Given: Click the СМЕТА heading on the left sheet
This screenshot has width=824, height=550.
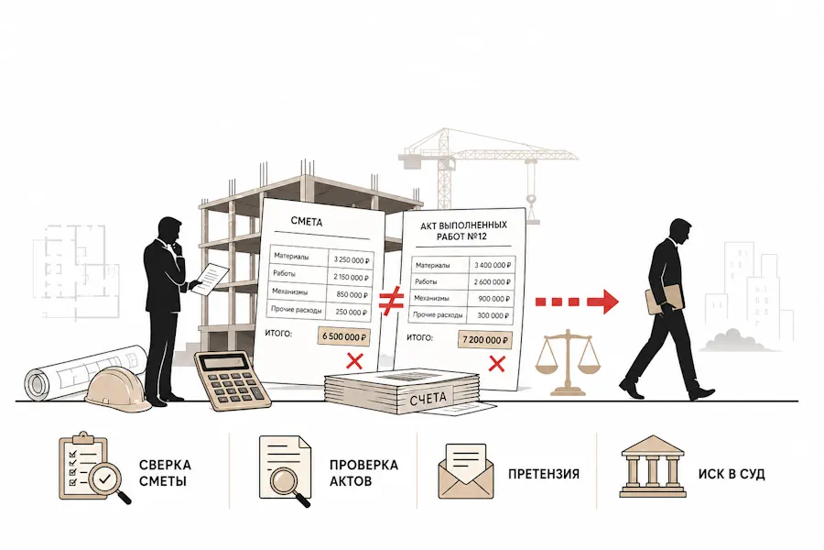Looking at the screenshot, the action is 307,222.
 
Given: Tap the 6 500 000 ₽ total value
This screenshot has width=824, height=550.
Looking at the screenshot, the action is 343,336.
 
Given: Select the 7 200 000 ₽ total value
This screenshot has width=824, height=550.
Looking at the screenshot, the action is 484,339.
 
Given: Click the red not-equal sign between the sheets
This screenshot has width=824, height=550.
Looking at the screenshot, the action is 392,300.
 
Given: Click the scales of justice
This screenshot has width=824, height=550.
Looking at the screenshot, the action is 567,362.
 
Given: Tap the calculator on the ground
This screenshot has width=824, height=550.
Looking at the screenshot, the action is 233,380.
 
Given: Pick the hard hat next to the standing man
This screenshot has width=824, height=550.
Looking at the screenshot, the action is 115,389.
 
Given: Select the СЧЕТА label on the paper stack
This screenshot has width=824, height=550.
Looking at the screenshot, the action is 428,399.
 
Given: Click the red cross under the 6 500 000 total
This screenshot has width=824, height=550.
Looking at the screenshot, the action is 355,361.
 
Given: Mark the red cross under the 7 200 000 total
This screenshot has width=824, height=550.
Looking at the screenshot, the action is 496,364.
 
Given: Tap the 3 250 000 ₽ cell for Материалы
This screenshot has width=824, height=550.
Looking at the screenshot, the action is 351,260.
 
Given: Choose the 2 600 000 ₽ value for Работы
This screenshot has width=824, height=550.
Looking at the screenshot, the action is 492,282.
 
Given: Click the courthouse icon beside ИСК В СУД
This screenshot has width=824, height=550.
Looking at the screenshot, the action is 652,466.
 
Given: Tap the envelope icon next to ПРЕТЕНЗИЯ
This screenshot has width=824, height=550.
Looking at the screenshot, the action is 466,471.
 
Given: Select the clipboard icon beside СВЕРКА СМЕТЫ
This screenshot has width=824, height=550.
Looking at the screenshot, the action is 93,467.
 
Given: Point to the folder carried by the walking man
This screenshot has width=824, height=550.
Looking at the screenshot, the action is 665,299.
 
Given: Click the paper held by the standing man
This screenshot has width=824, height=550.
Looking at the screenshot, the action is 212,278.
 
